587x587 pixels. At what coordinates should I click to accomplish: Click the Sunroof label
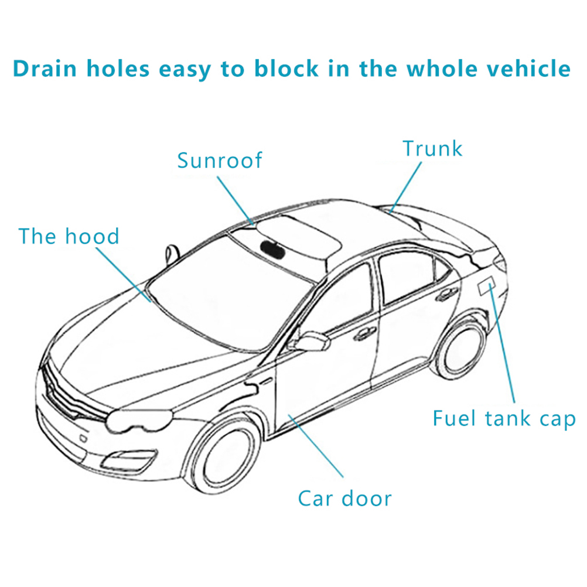[220, 161]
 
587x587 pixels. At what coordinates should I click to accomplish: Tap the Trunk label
[432, 149]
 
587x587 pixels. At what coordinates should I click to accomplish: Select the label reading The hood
[69, 236]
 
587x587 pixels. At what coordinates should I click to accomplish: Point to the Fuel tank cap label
[504, 419]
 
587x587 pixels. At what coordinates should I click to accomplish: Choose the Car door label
[344, 499]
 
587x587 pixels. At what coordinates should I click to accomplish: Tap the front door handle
[364, 334]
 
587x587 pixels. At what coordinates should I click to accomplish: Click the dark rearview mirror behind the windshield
[272, 247]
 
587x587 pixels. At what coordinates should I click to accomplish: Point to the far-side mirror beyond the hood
[172, 252]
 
